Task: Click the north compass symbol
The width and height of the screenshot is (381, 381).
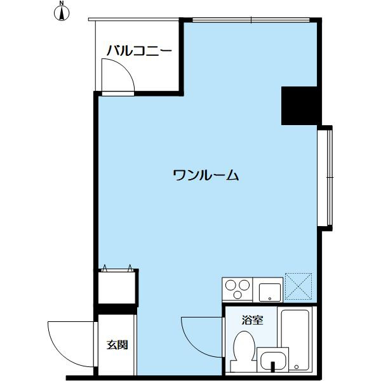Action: (x=61, y=13)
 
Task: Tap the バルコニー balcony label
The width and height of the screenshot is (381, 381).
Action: (x=139, y=50)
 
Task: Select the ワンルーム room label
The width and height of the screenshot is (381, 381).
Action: (x=206, y=175)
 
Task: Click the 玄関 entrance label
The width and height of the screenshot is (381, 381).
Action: (x=117, y=345)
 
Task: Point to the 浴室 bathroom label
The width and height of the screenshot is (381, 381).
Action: (x=252, y=320)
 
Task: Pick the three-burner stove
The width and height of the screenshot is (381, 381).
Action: (x=237, y=290)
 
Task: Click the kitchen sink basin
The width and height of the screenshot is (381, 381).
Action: (x=270, y=292)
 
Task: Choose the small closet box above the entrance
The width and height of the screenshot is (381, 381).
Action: (x=117, y=287)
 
